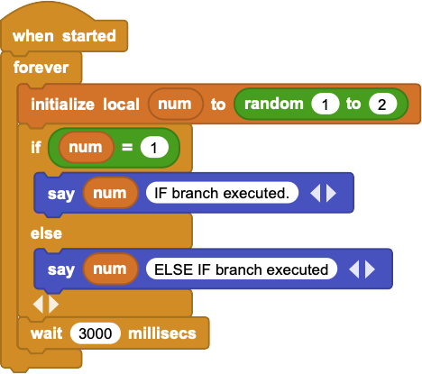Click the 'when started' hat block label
pos(64,36)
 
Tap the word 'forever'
pos(41,68)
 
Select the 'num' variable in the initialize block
pos(175,104)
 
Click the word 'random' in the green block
pos(274,104)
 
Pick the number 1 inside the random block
pos(326,105)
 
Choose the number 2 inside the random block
pos(382,105)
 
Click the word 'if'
pos(36,147)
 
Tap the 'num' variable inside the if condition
pos(86,147)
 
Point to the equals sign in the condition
pos(127,147)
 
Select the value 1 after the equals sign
pos(154,148)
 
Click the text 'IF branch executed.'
pos(222,193)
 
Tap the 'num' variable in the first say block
pos(110,193)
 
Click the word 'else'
pos(46,233)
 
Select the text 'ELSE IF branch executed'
pos(241,269)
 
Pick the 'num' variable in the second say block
pos(110,269)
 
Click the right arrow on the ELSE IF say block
pos(370,269)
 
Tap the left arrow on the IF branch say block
pos(315,193)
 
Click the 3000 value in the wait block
pos(96,333)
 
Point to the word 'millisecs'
pos(162,333)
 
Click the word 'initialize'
pos(62,105)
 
